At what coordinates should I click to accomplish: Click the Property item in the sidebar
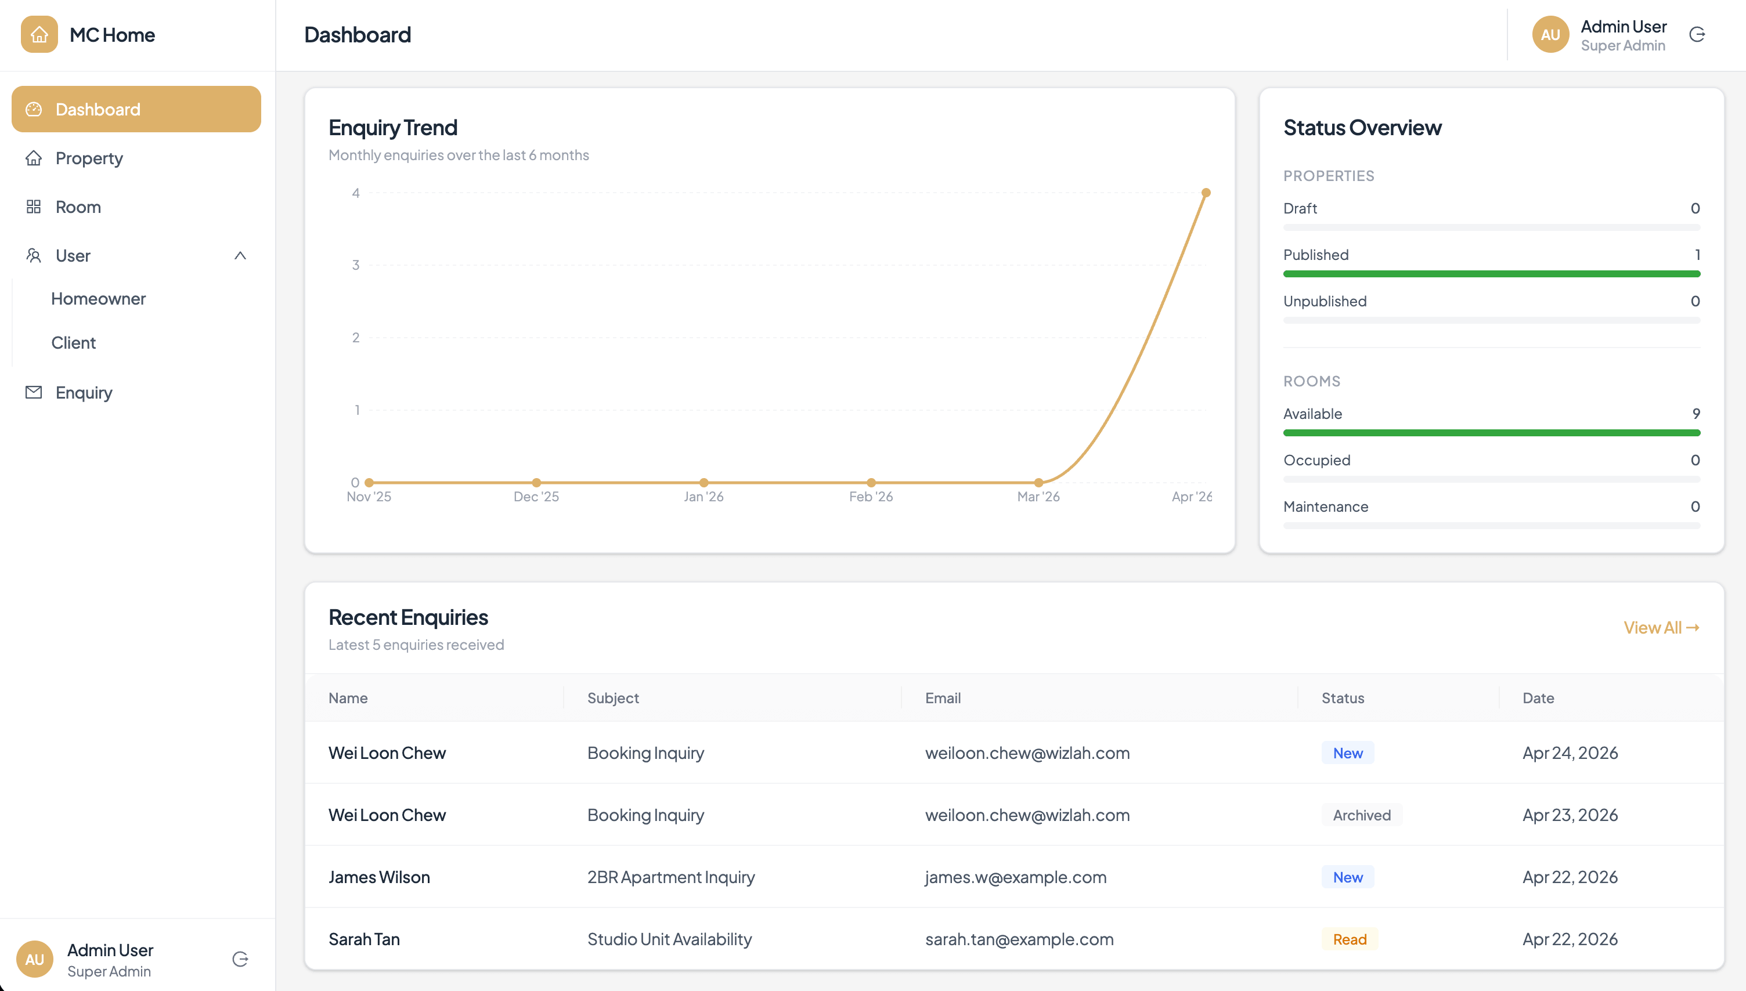[89, 158]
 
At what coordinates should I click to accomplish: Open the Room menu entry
[78, 207]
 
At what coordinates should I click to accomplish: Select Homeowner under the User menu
[99, 299]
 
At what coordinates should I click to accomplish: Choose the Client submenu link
[74, 343]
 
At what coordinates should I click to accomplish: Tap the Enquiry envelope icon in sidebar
[33, 393]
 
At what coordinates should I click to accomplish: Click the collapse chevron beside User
[240, 256]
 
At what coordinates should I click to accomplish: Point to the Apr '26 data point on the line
[1206, 193]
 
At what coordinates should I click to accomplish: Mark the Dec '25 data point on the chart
[536, 483]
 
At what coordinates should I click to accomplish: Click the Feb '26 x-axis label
[871, 497]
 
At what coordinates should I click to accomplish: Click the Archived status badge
[1361, 815]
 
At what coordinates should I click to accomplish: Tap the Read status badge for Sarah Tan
[1350, 939]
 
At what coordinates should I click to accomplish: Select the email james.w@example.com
[1016, 877]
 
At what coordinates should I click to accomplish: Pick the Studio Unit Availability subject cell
[669, 939]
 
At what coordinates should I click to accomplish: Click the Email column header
[943, 699]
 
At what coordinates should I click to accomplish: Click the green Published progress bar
[1491, 274]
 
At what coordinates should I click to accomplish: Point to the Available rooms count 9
[1696, 414]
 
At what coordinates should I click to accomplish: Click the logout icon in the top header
[1697, 35]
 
